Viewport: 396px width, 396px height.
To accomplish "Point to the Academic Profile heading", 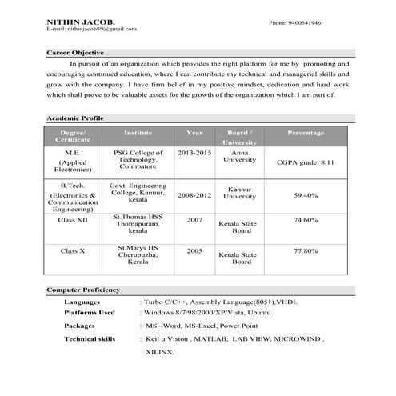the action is pyautogui.click(x=75, y=118).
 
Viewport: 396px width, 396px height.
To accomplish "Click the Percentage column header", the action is pyautogui.click(x=305, y=132).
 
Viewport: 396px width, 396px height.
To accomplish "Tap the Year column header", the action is pyautogui.click(x=194, y=132).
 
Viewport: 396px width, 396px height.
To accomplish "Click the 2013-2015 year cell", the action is pyautogui.click(x=194, y=151).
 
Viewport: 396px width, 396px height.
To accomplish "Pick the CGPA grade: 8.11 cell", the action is pyautogui.click(x=305, y=162).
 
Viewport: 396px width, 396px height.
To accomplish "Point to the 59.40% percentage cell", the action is pyautogui.click(x=306, y=194).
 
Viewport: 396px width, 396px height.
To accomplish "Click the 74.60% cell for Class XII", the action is pyautogui.click(x=306, y=219).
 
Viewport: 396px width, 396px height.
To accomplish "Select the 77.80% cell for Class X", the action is pyautogui.click(x=306, y=250).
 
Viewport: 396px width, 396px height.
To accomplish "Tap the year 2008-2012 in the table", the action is pyautogui.click(x=195, y=194).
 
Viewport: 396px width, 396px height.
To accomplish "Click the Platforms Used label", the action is pyautogui.click(x=90, y=313).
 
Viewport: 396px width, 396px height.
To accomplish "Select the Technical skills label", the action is pyautogui.click(x=90, y=339).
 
